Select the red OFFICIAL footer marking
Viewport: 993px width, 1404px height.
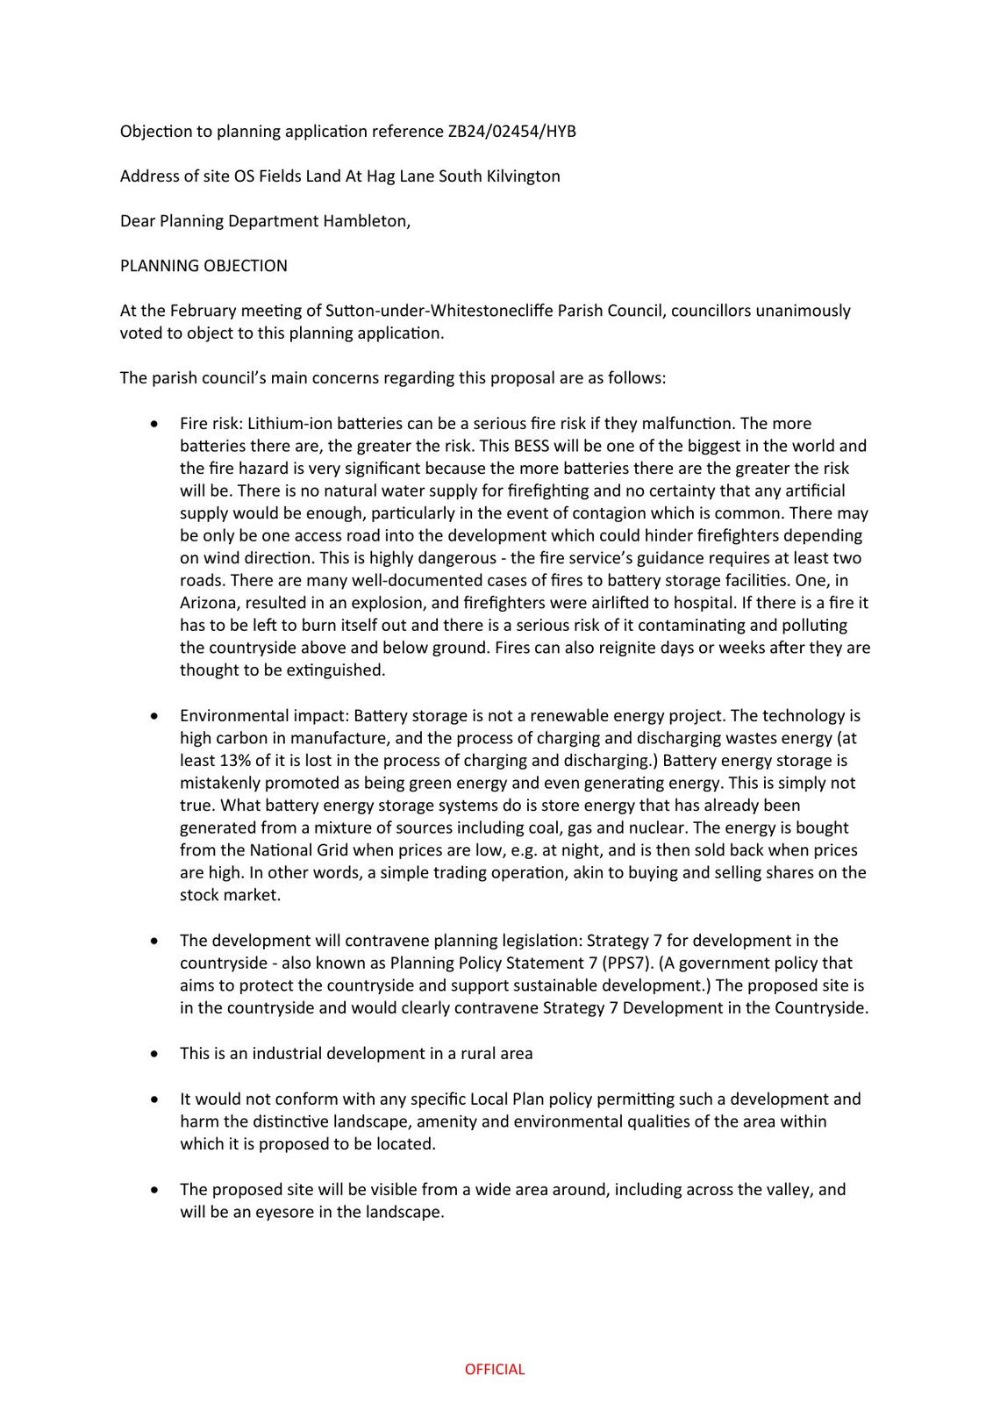point(495,1369)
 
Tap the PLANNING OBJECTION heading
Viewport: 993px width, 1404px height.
point(204,266)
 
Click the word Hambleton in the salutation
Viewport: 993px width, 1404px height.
point(365,221)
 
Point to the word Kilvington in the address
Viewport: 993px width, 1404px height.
point(523,176)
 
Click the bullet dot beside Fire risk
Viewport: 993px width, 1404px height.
point(155,424)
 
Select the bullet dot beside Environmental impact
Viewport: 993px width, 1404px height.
point(155,716)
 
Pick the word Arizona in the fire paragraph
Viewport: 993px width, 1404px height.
point(209,603)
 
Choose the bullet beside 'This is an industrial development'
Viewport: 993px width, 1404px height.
point(155,1053)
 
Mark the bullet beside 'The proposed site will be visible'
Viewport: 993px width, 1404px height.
point(155,1190)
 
